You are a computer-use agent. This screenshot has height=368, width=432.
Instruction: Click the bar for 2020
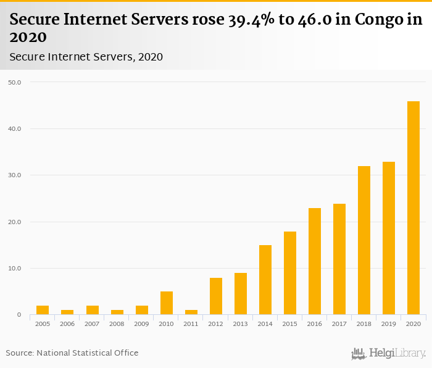click(x=413, y=208)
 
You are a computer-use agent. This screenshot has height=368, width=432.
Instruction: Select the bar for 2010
click(x=167, y=303)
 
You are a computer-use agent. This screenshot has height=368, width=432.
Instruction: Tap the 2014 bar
click(x=265, y=280)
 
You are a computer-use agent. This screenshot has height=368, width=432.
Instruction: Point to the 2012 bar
click(x=216, y=296)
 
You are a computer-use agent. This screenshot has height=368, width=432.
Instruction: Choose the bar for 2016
click(x=315, y=261)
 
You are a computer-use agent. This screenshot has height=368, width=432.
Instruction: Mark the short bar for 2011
click(x=191, y=312)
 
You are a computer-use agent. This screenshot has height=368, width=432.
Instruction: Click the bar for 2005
click(x=43, y=310)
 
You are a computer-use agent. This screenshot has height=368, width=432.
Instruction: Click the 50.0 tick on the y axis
click(x=14, y=82)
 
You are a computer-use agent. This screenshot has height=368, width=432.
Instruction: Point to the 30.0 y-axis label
click(x=14, y=175)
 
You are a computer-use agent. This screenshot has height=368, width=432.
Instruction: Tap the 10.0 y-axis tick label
click(x=14, y=269)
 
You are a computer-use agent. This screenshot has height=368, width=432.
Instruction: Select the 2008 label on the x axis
click(x=117, y=324)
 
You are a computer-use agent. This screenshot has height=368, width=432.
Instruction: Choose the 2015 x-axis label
click(x=290, y=324)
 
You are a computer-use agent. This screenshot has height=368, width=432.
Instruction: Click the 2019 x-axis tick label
click(x=389, y=324)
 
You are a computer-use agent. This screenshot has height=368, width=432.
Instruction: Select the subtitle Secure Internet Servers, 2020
click(x=86, y=57)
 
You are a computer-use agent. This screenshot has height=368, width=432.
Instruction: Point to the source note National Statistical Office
click(x=87, y=353)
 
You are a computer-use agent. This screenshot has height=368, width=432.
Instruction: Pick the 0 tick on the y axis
click(x=19, y=315)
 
